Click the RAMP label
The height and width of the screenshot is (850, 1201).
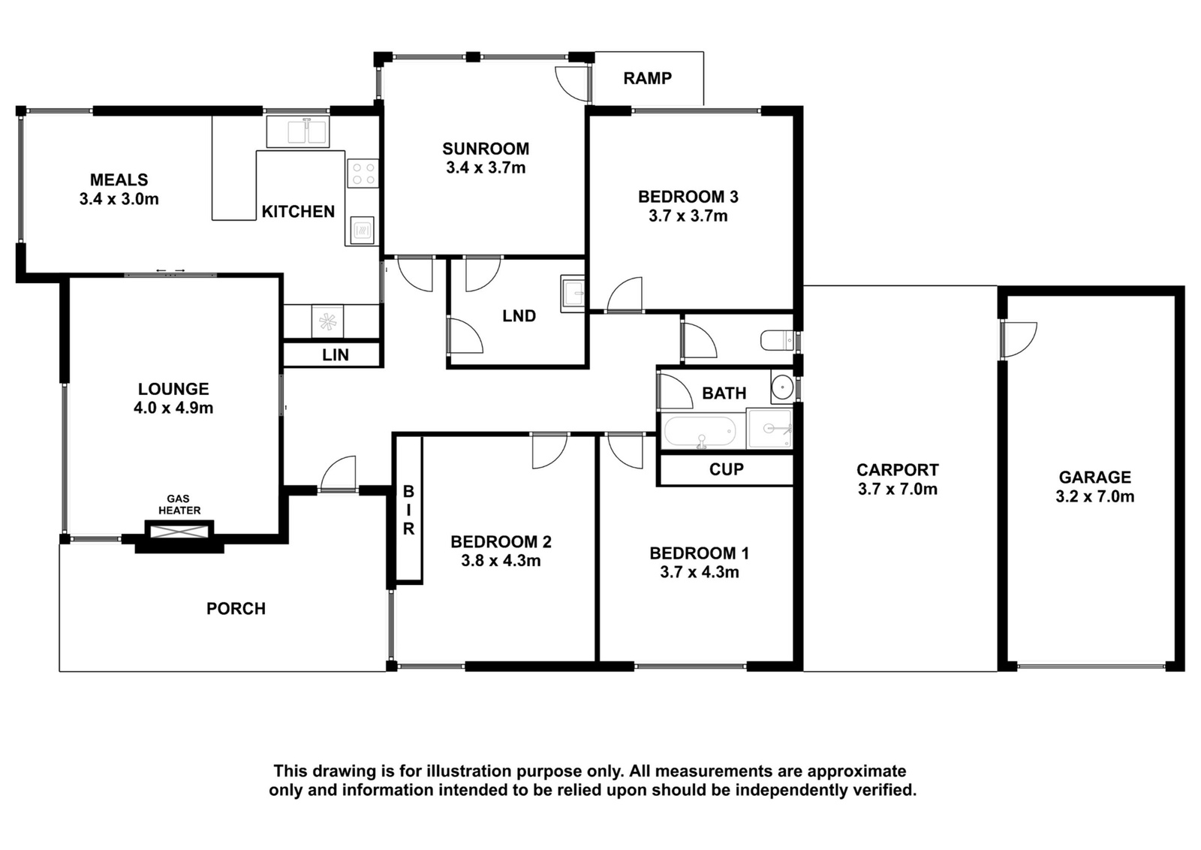[x=647, y=78]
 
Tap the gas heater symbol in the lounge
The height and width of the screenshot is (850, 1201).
[x=179, y=532]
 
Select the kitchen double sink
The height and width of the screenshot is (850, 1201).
[x=298, y=131]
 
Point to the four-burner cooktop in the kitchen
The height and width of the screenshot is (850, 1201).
[x=363, y=173]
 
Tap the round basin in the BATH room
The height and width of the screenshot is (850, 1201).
[x=783, y=386]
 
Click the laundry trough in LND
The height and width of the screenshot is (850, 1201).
[x=573, y=294]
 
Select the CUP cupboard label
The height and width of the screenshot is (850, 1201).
[x=727, y=470]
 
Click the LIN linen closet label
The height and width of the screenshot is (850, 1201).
[x=336, y=354]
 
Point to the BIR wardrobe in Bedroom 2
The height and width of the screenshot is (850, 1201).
[x=408, y=509]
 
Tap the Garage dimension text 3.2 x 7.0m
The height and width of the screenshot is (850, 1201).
[x=1095, y=496]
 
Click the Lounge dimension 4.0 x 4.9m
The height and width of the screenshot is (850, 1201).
[x=173, y=408]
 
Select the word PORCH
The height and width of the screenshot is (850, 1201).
[x=236, y=609]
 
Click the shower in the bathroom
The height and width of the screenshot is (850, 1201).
[x=769, y=429]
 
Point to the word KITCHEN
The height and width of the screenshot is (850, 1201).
[x=298, y=212]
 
